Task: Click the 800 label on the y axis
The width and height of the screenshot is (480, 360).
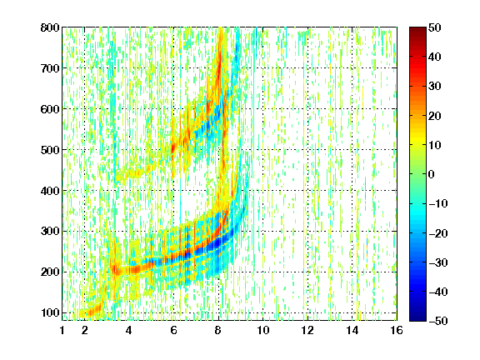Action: coord(50,27)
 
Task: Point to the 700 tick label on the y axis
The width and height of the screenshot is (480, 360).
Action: coord(50,68)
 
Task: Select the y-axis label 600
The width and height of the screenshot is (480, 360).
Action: coord(50,109)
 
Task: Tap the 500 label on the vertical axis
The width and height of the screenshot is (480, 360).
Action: coord(50,150)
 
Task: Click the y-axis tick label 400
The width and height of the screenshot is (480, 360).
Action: coord(50,191)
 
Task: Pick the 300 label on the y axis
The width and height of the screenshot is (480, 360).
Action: coord(50,231)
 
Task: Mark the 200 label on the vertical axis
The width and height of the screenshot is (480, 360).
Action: coord(50,272)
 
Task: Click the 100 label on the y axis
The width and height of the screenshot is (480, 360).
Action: coord(50,312)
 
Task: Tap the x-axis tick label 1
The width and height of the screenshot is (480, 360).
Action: coord(62,330)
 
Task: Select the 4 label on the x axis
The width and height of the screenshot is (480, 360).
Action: coord(129,330)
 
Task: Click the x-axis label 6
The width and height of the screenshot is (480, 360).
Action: coord(173,330)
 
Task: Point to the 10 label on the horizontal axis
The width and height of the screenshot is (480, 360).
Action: coord(263,330)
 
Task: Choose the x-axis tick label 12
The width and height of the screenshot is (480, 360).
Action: coord(307,330)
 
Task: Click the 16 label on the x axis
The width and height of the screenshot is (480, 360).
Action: coord(397,330)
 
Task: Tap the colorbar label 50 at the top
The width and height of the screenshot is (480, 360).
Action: coord(434,27)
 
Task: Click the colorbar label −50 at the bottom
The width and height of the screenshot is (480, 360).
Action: coord(438,321)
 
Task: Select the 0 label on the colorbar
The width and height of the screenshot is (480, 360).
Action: coord(432,174)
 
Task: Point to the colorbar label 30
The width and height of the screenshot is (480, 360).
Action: coord(434,86)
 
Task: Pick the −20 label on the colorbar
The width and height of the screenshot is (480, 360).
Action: coord(438,233)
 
